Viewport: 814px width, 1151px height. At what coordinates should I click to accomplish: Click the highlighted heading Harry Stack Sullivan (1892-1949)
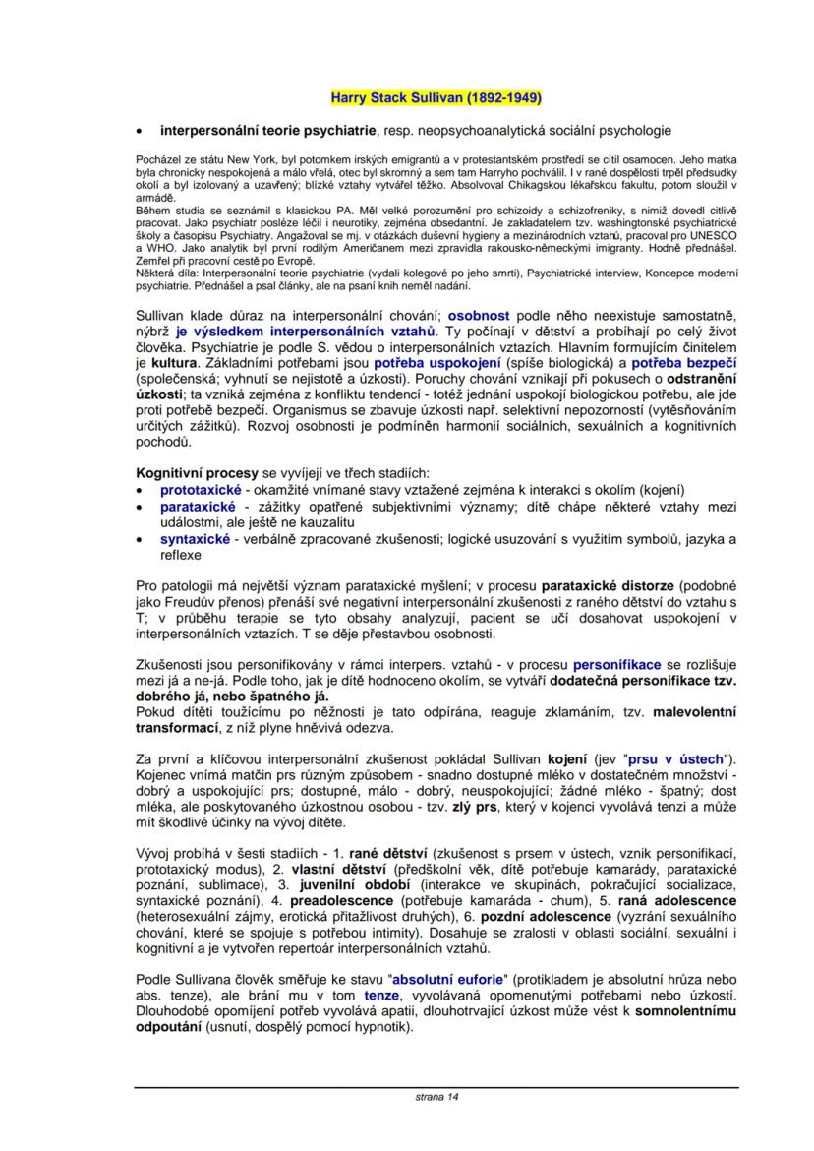point(435,98)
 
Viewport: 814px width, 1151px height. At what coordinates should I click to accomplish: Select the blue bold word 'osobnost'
point(479,316)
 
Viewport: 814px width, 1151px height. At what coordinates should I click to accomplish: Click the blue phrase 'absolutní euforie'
point(448,980)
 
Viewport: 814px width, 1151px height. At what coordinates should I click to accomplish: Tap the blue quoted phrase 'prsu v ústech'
point(669,758)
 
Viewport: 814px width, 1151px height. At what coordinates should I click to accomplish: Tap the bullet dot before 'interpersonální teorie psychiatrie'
point(142,130)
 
